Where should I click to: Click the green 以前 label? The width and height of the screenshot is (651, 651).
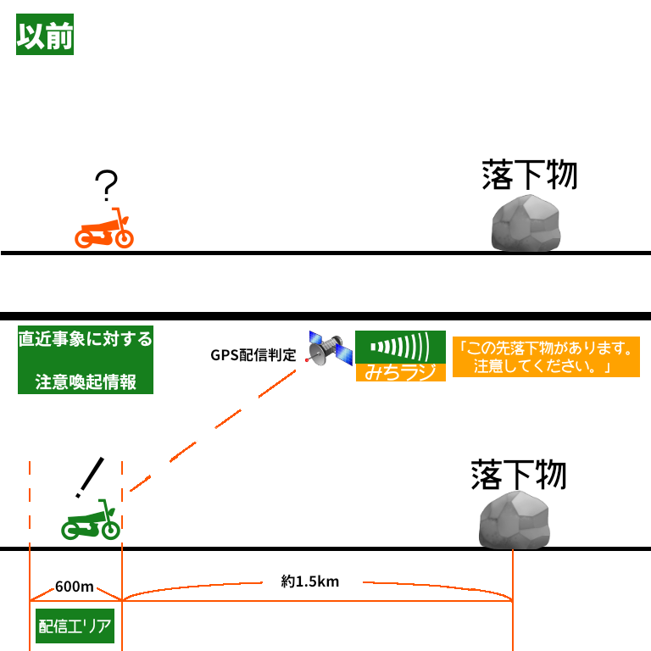pos(45,36)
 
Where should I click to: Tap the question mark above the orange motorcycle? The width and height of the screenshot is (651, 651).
pos(106,186)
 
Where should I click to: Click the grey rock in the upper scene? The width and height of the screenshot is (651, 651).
pos(526,223)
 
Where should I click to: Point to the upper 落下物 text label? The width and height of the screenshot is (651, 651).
pos(529,175)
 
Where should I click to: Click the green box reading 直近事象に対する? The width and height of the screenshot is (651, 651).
pos(86,339)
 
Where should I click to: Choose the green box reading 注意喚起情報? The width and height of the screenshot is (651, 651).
pos(86,381)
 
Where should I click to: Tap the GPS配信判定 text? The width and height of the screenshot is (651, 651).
pos(253,355)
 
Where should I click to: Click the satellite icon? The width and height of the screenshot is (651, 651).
pos(328,348)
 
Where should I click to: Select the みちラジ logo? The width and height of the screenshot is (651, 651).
pos(400,355)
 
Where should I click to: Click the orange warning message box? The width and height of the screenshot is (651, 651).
pos(545,357)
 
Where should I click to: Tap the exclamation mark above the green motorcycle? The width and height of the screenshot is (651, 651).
pos(90,477)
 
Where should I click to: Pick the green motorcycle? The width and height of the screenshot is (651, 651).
pos(91,520)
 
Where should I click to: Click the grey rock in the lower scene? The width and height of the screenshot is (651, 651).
pos(515,519)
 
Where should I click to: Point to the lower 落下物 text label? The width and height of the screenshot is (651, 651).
pos(518,475)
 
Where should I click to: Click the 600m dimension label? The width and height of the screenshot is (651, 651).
pos(75,587)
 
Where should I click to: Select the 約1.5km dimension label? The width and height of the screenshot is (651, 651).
pos(310,581)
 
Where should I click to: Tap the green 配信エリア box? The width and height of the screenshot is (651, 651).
pos(75,626)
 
